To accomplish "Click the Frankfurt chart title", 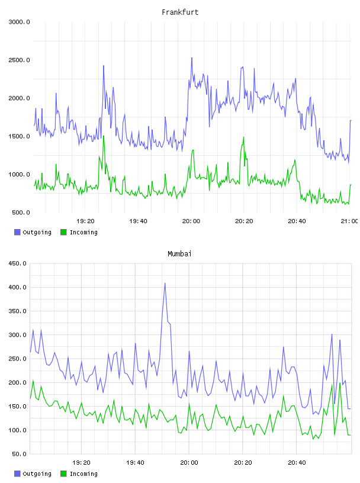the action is pyautogui.click(x=180, y=12).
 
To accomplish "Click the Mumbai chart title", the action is pyautogui.click(x=179, y=254).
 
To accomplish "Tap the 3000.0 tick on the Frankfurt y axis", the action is pyautogui.click(x=19, y=22).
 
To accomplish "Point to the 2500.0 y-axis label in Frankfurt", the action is pyautogui.click(x=19, y=60).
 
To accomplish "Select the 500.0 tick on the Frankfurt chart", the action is pyautogui.click(x=21, y=212).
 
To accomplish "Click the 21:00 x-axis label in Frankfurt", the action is pyautogui.click(x=349, y=221).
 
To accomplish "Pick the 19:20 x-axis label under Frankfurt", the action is pyautogui.click(x=85, y=221).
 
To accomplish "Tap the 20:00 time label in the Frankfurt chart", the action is pyautogui.click(x=191, y=221).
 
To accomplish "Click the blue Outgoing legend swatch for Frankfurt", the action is pyautogui.click(x=17, y=232).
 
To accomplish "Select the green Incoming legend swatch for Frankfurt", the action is pyautogui.click(x=63, y=232).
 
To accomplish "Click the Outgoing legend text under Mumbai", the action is pyautogui.click(x=37, y=474).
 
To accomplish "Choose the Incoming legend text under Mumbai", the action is pyautogui.click(x=83, y=474).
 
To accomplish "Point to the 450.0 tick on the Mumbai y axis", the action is pyautogui.click(x=17, y=263).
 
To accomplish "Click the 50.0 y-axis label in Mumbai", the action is pyautogui.click(x=19, y=454).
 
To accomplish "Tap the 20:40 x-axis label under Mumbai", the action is pyautogui.click(x=297, y=463).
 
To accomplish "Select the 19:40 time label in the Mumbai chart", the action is pyautogui.click(x=135, y=463).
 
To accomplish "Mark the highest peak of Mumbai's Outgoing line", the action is pyautogui.click(x=165, y=284).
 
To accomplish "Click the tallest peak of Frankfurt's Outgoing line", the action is pyautogui.click(x=191, y=57).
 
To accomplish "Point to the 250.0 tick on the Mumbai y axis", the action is pyautogui.click(x=17, y=359).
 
